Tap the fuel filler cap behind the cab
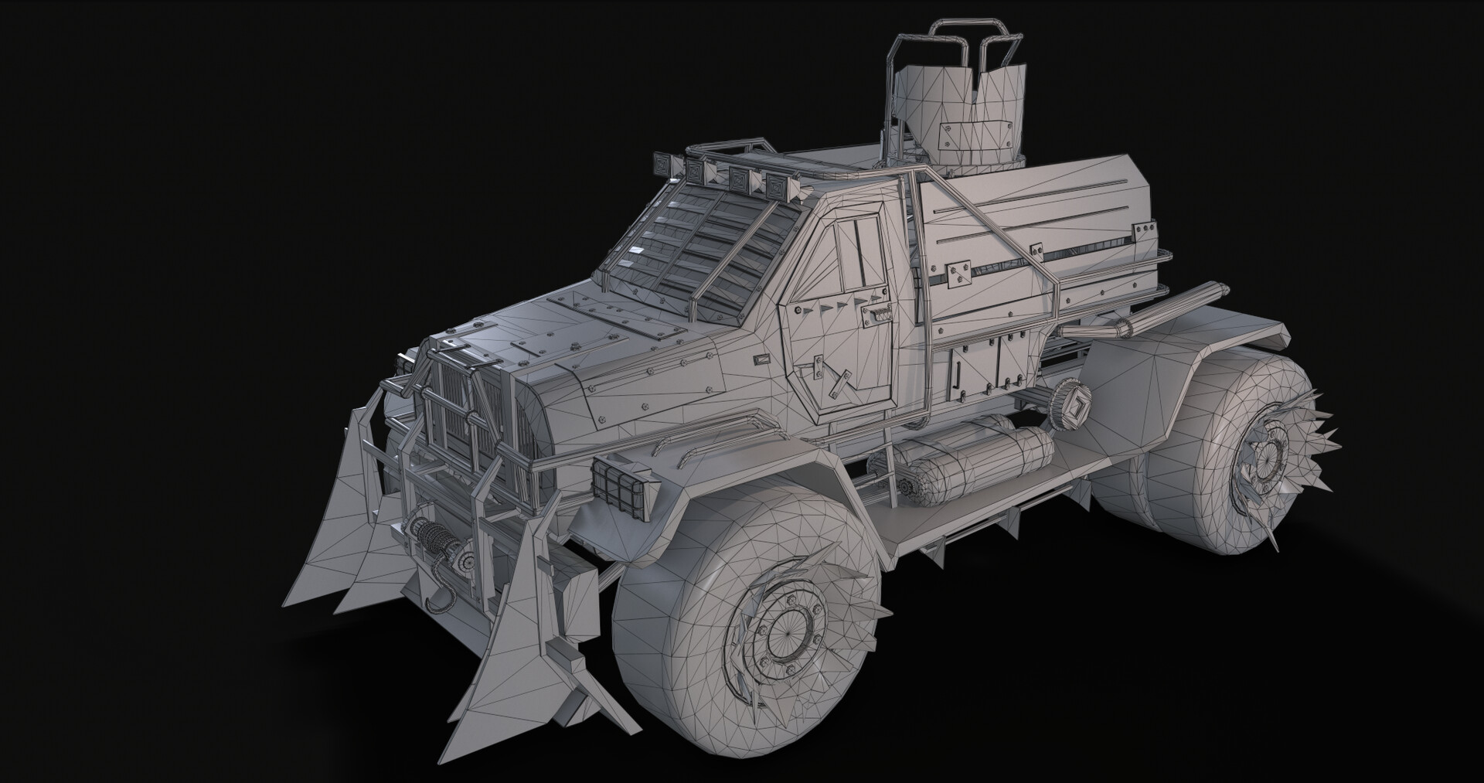pyautogui.click(x=1073, y=401)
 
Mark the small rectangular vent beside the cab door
pyautogui.click(x=763, y=359)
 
